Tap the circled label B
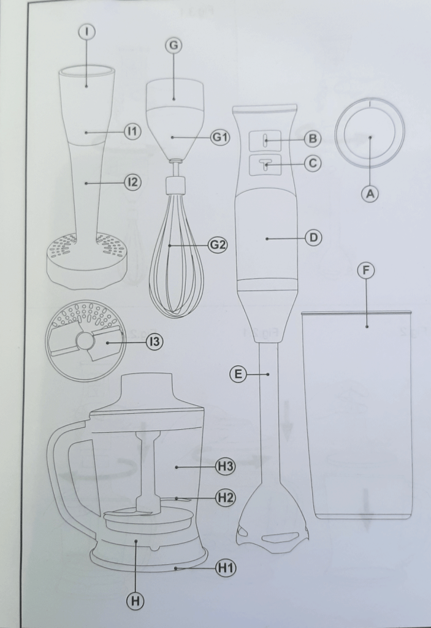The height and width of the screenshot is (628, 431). (313, 139)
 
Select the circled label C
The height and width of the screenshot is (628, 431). (313, 163)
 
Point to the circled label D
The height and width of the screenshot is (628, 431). (313, 238)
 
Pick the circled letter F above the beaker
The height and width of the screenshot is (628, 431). (366, 271)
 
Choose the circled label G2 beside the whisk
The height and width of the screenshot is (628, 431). (218, 244)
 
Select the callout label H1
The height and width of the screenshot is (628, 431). (225, 568)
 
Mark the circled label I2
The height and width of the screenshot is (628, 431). (132, 182)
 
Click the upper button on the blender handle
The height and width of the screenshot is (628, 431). (265, 140)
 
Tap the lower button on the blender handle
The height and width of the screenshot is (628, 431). (265, 164)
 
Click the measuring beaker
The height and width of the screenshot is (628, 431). (357, 417)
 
